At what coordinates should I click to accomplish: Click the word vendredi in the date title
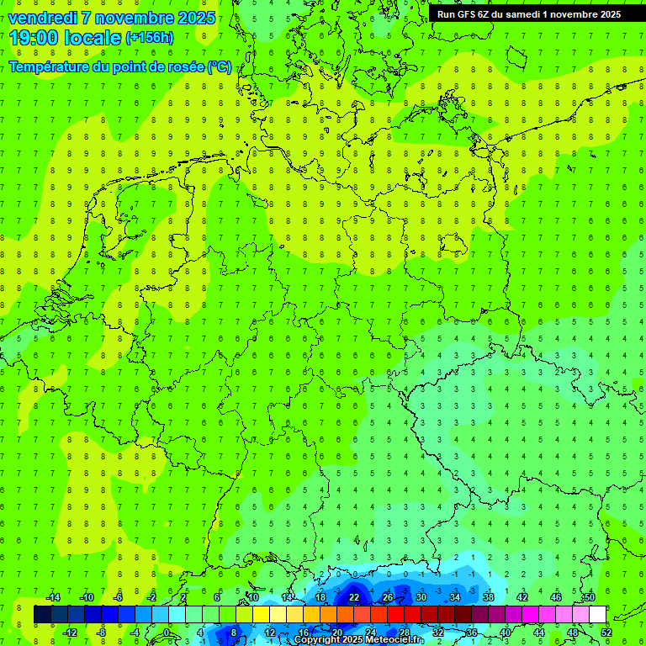click(x=43, y=18)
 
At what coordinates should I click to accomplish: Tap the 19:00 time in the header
click(x=34, y=38)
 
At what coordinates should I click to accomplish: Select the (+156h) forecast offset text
click(x=150, y=38)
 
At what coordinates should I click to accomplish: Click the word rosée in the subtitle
click(x=184, y=67)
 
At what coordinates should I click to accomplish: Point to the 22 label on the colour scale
click(x=354, y=597)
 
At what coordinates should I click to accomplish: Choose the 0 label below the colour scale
click(x=167, y=633)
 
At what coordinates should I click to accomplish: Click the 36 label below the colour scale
click(x=472, y=633)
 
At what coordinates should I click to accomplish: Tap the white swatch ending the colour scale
click(x=597, y=615)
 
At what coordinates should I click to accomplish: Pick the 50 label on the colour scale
click(x=589, y=597)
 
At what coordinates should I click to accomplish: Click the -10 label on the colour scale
click(x=86, y=597)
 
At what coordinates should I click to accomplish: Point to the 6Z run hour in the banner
click(x=487, y=14)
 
